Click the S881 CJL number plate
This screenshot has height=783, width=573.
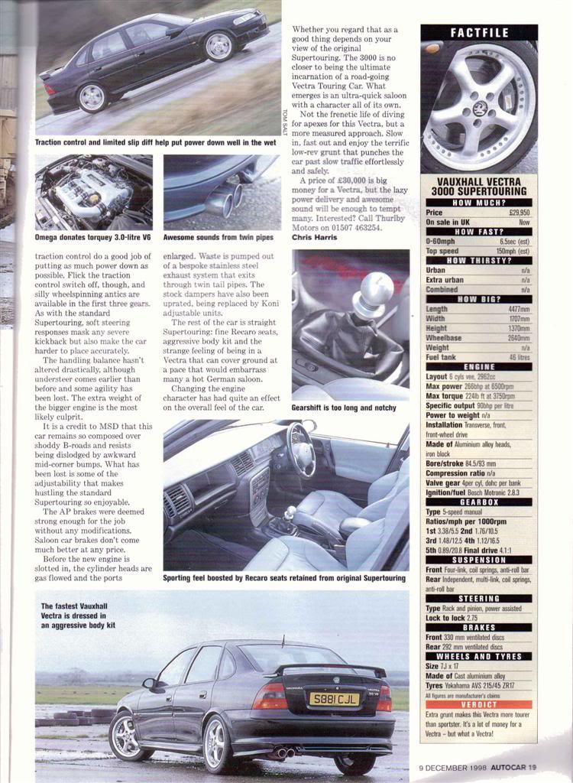(x=333, y=699)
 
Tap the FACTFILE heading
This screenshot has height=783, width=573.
(x=479, y=33)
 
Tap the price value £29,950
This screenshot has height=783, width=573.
(x=519, y=213)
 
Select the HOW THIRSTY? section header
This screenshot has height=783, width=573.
(x=479, y=260)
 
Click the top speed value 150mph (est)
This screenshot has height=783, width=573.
(x=513, y=250)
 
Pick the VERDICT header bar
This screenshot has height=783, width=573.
(x=479, y=704)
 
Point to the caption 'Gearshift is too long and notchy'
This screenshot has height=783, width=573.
(x=344, y=408)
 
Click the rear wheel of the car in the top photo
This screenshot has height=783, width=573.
(x=92, y=97)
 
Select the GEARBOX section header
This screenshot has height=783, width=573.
(x=479, y=502)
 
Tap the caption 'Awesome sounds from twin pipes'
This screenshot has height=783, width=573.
(x=215, y=238)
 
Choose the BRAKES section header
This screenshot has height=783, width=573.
(x=479, y=628)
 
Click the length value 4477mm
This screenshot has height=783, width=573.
(x=516, y=309)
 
